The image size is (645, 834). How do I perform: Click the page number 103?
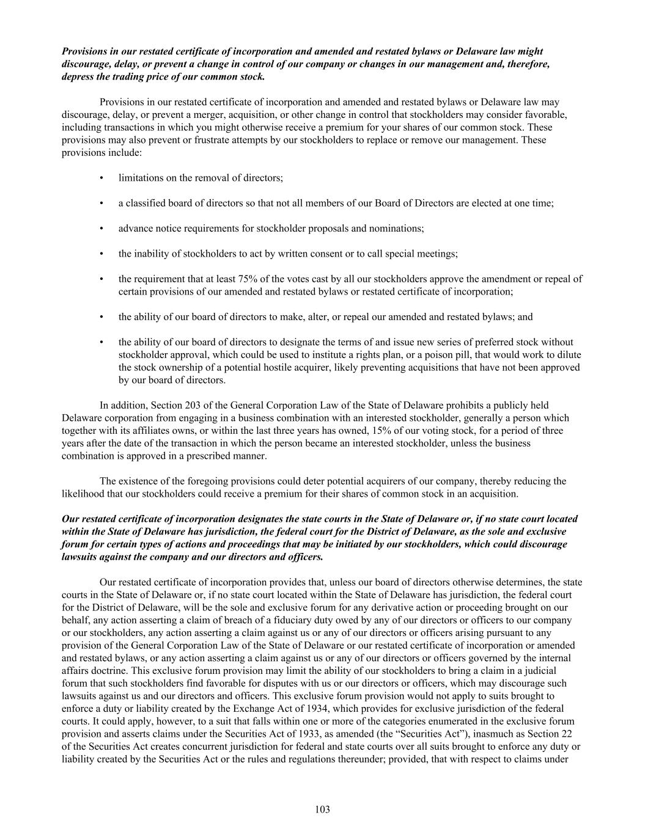pyautogui.click(x=322, y=810)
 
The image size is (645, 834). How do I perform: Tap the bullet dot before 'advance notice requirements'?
pyautogui.click(x=101, y=229)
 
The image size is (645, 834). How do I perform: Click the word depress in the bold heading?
pyautogui.click(x=78, y=77)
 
